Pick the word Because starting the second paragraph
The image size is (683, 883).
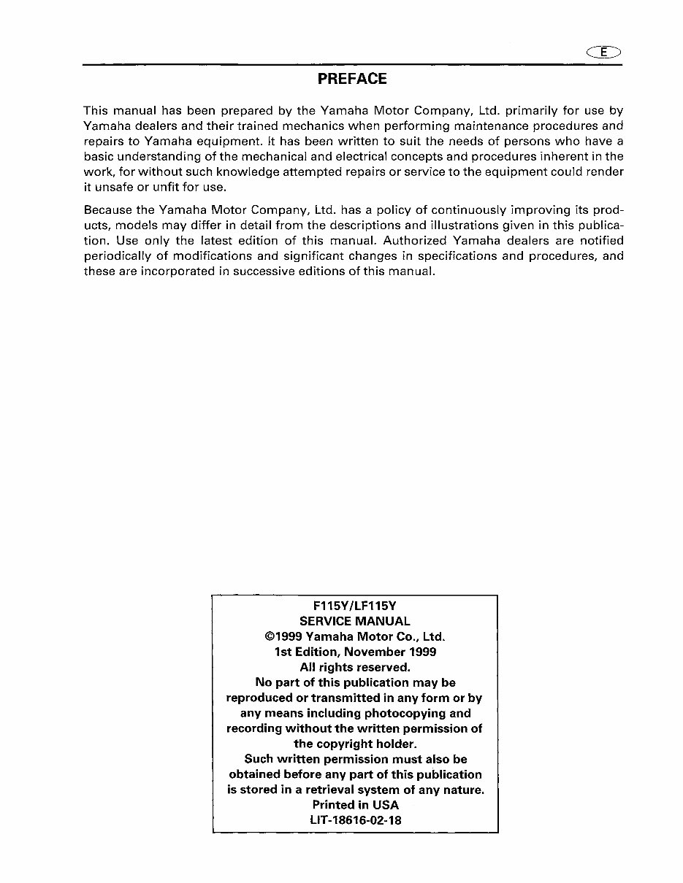click(x=108, y=209)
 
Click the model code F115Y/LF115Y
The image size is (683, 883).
click(x=355, y=606)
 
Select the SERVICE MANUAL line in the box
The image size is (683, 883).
click(x=355, y=621)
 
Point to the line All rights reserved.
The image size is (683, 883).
click(x=355, y=667)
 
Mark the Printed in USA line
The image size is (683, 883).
click(x=355, y=805)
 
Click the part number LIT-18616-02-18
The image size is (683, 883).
click(x=355, y=820)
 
